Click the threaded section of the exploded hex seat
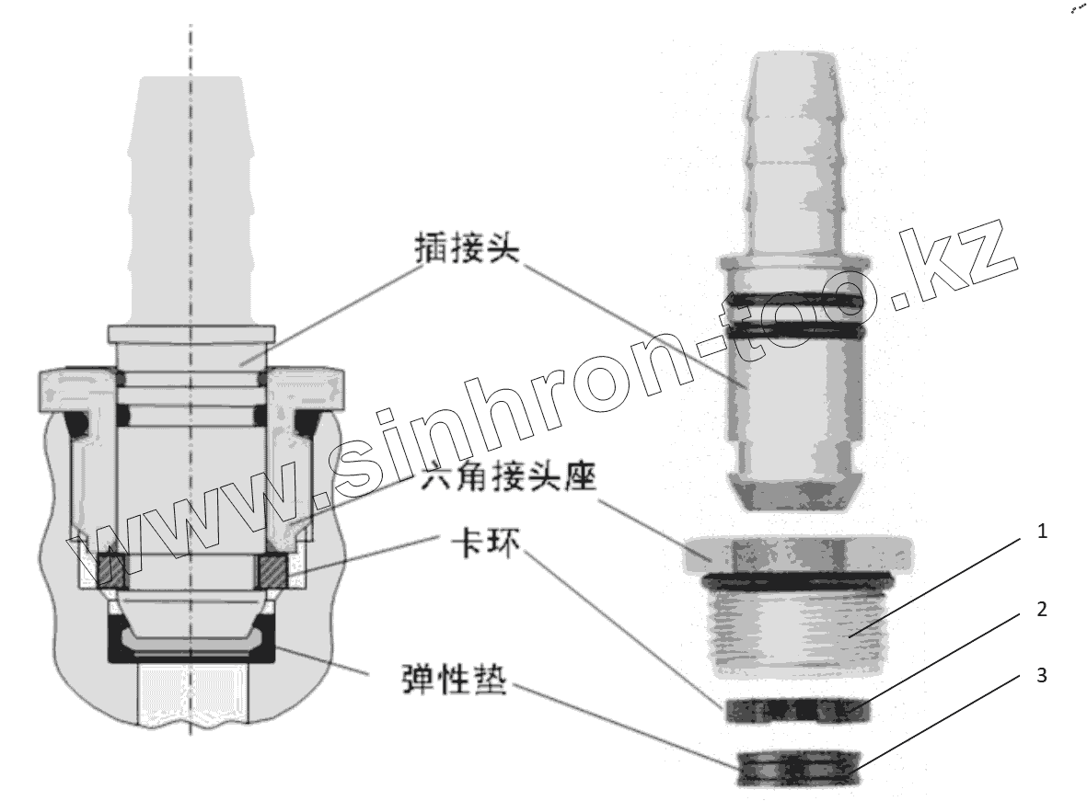[797, 630]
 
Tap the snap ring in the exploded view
[796, 710]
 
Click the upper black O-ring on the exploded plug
[795, 299]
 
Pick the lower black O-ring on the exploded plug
[795, 329]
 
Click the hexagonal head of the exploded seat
[797, 554]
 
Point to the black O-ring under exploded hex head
[797, 581]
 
